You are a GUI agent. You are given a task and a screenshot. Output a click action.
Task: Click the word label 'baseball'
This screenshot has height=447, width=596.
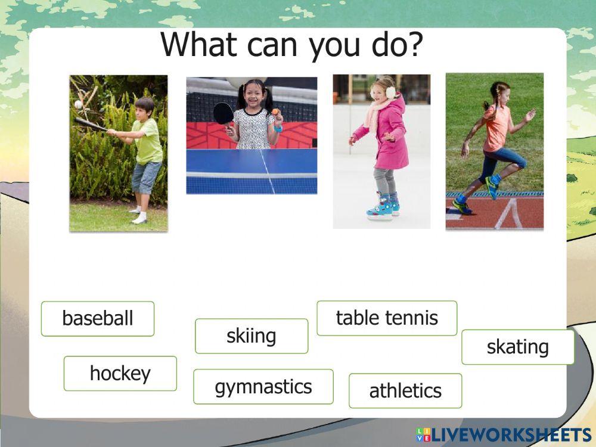tap(98, 318)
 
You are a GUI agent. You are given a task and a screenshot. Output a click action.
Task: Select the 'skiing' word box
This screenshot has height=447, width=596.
tap(252, 336)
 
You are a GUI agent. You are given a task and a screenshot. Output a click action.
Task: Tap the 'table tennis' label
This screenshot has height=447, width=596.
tap(387, 318)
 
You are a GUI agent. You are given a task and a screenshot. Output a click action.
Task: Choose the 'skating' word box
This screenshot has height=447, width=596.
tap(518, 347)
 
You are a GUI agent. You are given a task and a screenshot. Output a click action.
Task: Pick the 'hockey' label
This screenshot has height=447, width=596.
tap(120, 373)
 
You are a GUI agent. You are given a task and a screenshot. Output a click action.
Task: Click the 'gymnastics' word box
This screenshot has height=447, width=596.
tap(263, 387)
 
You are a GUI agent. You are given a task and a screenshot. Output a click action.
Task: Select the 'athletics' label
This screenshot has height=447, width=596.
tap(405, 391)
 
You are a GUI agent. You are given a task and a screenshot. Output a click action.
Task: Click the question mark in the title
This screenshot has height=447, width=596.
tap(415, 45)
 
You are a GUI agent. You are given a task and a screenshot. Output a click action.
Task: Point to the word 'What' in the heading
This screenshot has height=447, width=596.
tap(200, 45)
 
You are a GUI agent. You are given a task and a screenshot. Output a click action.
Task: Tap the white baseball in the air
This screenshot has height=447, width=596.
tap(78, 104)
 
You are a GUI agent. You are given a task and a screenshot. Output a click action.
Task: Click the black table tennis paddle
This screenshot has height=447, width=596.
tap(223, 113)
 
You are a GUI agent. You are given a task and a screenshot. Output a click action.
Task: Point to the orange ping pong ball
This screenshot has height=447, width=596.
tap(275, 111)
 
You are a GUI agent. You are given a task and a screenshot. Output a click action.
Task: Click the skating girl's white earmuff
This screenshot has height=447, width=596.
tap(390, 92)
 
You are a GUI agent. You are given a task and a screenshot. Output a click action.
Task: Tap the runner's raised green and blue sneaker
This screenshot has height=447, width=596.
tap(493, 185)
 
